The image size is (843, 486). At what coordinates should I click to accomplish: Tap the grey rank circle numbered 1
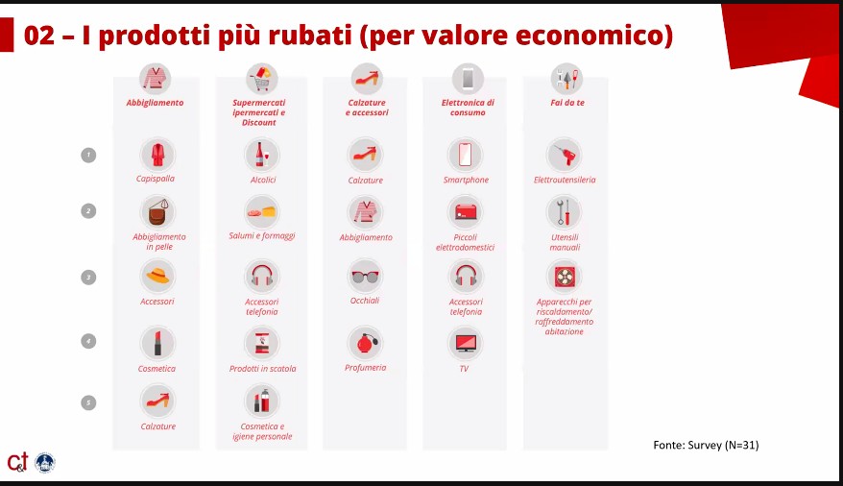(x=88, y=155)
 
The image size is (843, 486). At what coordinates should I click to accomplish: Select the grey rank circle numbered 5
(x=88, y=402)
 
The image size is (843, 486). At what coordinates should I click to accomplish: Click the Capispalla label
(x=156, y=179)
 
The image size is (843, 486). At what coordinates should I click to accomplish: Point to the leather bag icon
(x=158, y=212)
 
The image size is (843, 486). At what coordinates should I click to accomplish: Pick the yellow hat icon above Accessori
(x=158, y=277)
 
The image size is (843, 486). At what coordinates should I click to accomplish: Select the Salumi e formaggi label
(x=262, y=236)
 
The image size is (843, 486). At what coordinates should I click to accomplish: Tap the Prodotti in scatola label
(x=262, y=369)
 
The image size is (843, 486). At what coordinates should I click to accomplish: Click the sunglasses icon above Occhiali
(x=365, y=277)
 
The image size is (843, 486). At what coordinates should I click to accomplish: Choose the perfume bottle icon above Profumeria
(x=365, y=343)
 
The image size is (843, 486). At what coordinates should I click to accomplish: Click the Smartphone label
(x=466, y=181)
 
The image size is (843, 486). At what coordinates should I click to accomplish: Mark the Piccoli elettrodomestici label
(x=465, y=242)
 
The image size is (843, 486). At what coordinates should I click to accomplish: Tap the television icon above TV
(x=465, y=343)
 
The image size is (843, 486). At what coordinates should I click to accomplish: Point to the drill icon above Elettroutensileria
(x=564, y=155)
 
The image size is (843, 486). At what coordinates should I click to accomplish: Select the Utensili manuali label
(x=565, y=242)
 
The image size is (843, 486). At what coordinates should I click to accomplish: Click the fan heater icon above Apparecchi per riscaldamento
(x=564, y=277)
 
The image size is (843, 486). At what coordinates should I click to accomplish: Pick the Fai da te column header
(x=567, y=103)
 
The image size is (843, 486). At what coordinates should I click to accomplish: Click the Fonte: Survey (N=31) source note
(x=706, y=445)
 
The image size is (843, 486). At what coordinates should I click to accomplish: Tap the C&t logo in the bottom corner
(x=17, y=462)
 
